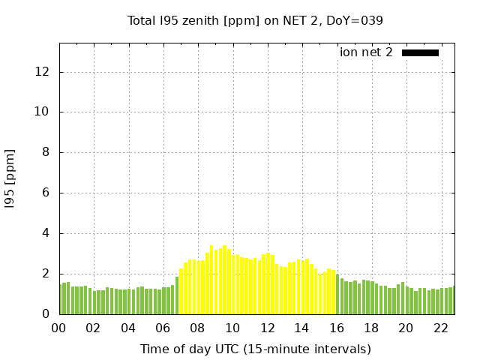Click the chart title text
[x=255, y=20]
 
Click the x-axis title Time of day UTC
[x=255, y=349]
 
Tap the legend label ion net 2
[x=366, y=52]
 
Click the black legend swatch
[x=420, y=52]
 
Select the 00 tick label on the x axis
[x=59, y=328]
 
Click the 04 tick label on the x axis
[x=128, y=328]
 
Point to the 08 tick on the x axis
[x=198, y=328]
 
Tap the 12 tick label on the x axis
[x=267, y=328]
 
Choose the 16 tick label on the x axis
[x=337, y=328]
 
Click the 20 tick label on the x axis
[x=406, y=328]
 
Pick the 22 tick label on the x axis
[x=440, y=328]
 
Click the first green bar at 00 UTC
[x=61, y=299]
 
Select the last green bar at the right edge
[x=452, y=301]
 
